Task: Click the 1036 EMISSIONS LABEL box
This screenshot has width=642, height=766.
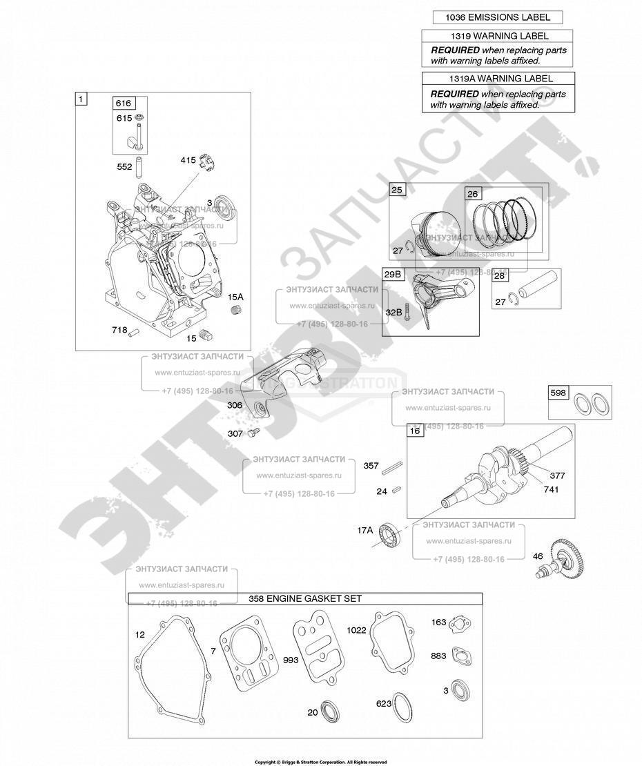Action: click(497, 18)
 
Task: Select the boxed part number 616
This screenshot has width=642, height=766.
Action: click(123, 103)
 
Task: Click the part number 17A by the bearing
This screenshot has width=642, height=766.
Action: click(364, 530)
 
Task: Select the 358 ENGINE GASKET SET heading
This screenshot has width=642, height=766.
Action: click(305, 599)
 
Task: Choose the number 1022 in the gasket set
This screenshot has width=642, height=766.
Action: click(357, 630)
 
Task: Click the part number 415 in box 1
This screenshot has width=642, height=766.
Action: click(188, 160)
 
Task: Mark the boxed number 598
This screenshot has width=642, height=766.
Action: click(558, 393)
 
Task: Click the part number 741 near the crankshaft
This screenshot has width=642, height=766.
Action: click(551, 489)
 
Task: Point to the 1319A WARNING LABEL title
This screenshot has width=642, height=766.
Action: click(497, 79)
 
